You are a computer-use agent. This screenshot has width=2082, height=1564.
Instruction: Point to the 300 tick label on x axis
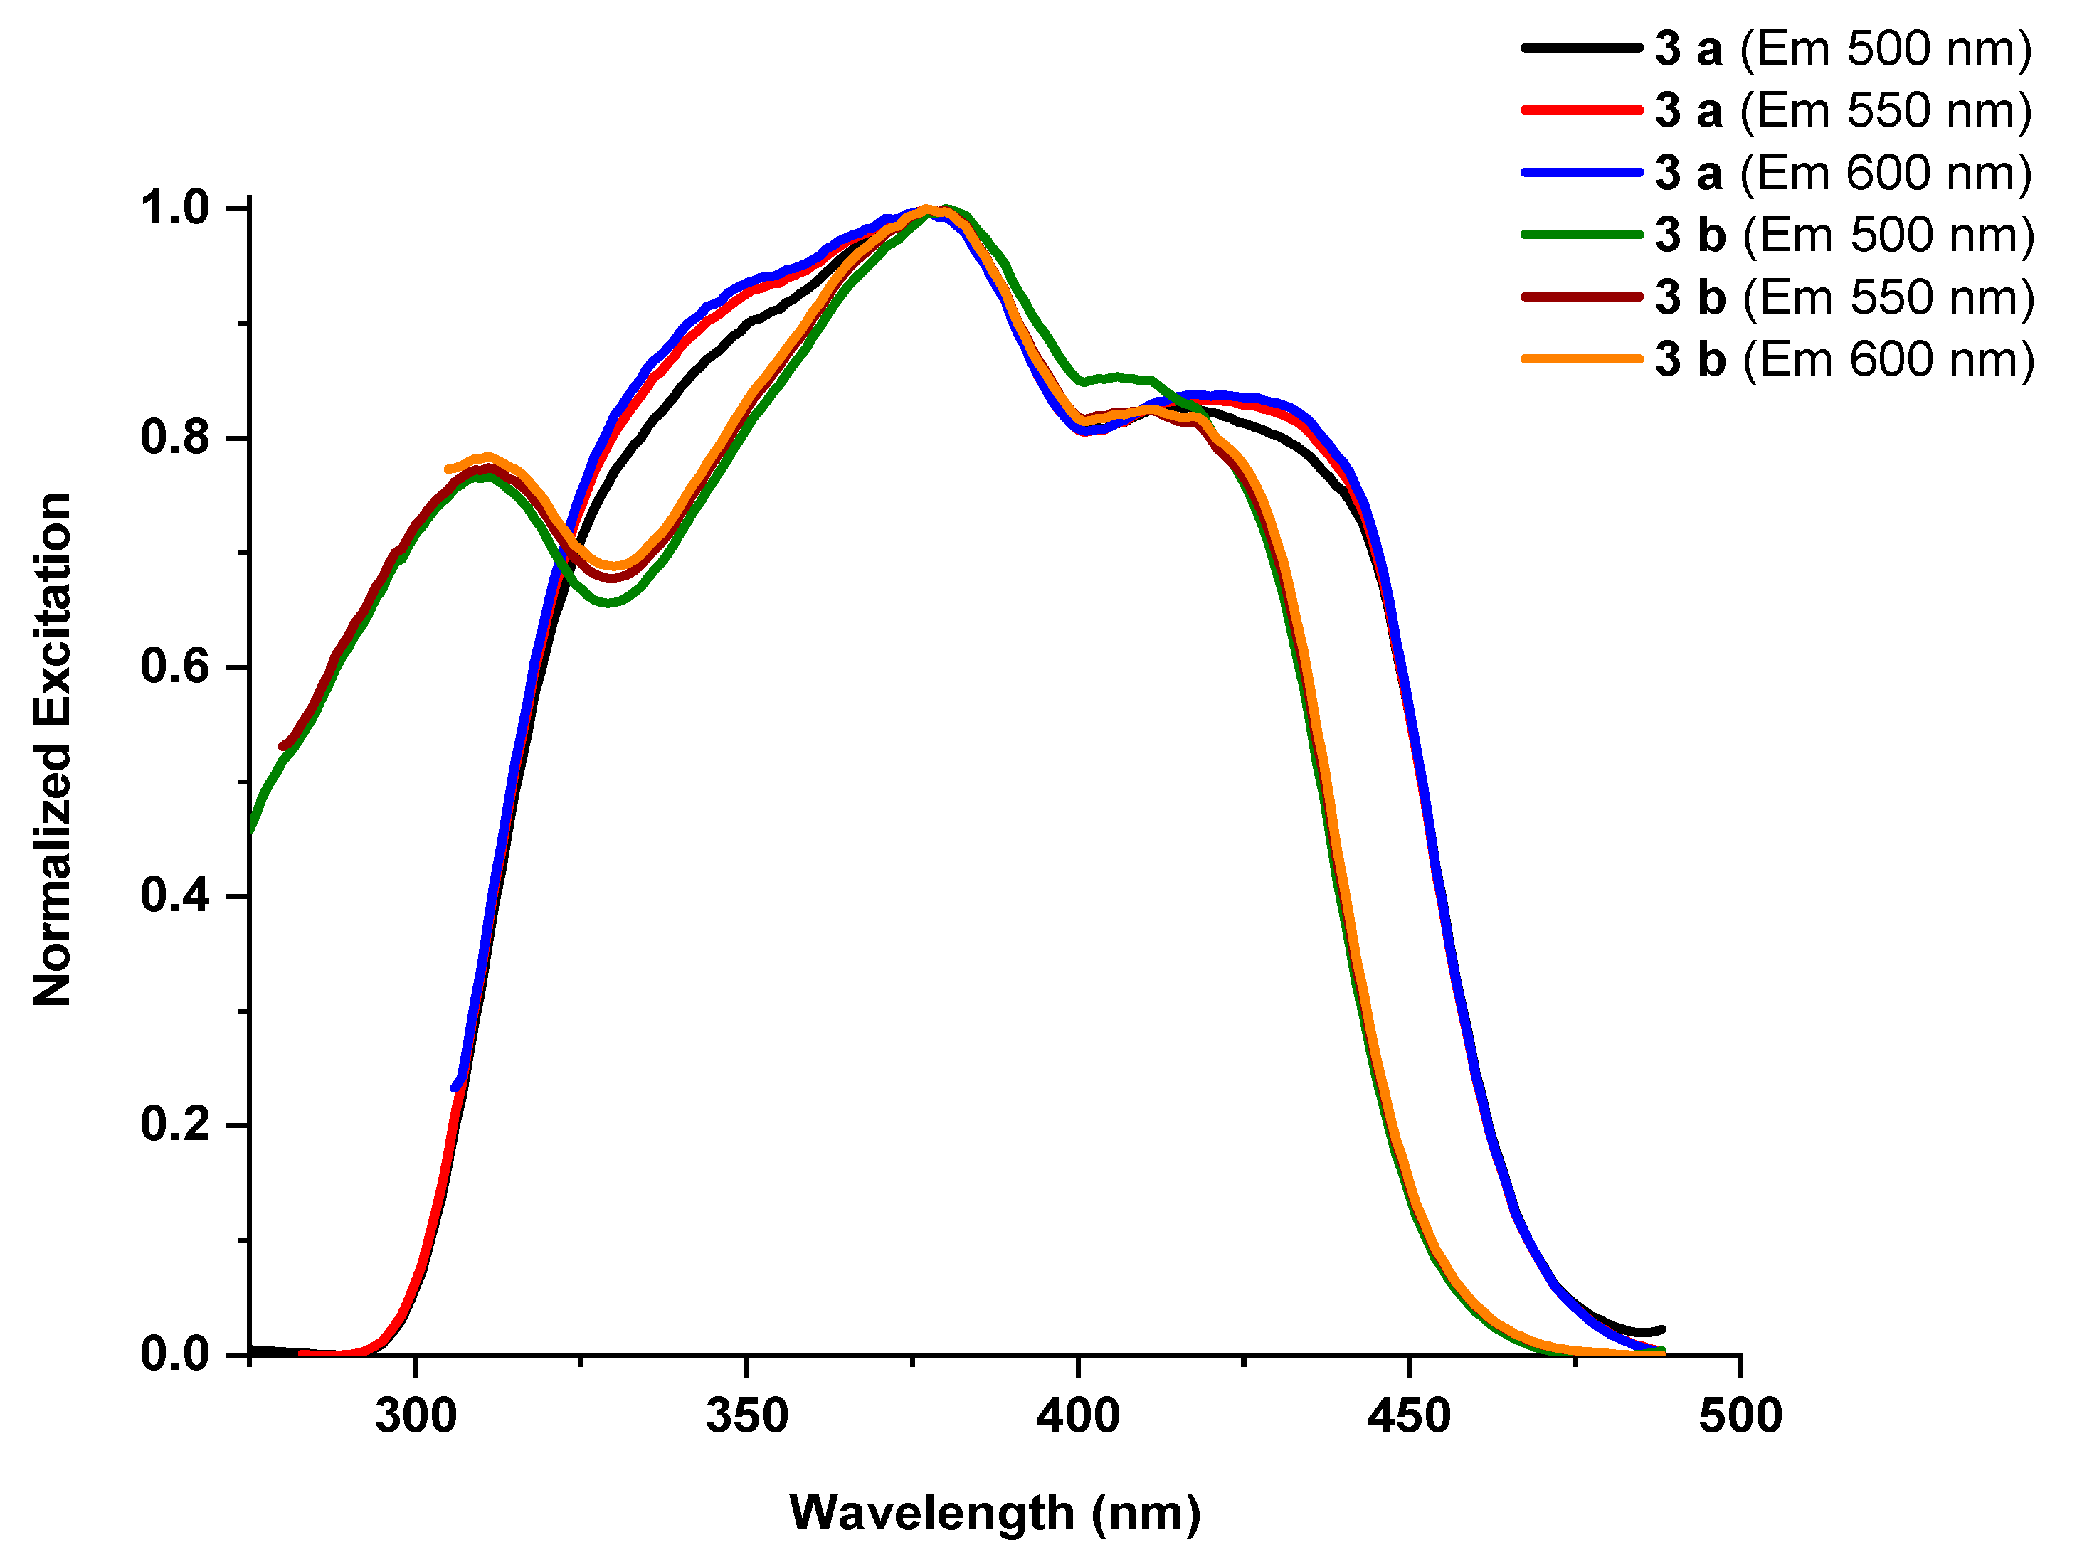pos(415,1416)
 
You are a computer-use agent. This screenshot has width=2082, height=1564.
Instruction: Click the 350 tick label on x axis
pos(746,1416)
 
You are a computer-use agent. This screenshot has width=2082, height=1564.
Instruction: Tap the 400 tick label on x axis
pos(1078,1416)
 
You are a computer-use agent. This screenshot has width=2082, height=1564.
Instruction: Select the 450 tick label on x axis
pos(1409,1416)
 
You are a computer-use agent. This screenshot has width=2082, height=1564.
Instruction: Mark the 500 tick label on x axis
pos(1740,1416)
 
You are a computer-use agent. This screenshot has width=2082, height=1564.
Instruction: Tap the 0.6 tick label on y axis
pos(175,666)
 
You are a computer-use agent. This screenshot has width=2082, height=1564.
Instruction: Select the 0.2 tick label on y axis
pos(175,1124)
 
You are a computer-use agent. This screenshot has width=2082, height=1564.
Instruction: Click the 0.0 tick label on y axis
pos(175,1354)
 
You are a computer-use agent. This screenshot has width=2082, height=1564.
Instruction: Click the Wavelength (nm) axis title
pos(995,1514)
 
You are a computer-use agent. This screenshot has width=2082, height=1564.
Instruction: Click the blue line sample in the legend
pos(1581,172)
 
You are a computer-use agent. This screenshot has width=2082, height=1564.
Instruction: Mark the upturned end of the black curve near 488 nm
pos(1661,1330)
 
